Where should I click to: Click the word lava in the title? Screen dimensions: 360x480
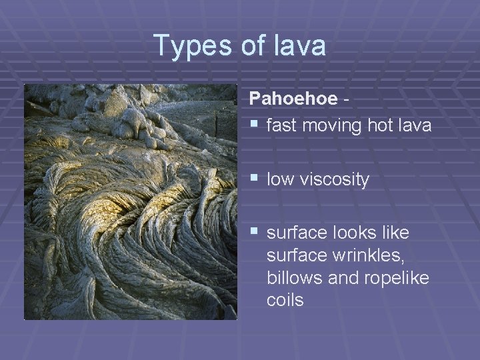coord(300,46)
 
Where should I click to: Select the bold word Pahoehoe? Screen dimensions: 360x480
coord(293,99)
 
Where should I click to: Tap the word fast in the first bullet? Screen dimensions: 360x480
coord(282,125)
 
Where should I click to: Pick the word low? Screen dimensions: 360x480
coord(280,179)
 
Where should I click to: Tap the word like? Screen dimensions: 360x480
coord(396,233)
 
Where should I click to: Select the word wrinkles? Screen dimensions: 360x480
coord(361,255)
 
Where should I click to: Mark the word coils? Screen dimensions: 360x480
coord(285,301)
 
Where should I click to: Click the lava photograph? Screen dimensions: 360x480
coord(131,201)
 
